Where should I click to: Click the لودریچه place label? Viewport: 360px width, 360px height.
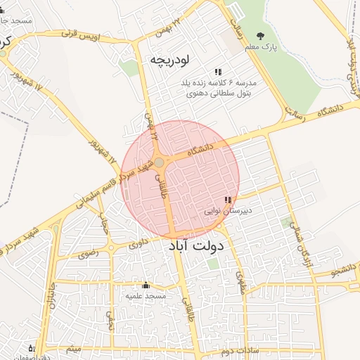(x=170, y=60)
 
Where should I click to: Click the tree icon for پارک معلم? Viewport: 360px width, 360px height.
(x=262, y=36)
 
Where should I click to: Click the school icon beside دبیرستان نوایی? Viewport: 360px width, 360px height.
(x=227, y=200)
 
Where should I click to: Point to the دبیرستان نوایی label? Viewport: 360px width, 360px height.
(x=228, y=210)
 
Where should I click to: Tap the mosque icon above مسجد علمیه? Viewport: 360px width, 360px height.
(x=146, y=285)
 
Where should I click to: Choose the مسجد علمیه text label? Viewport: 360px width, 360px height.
(x=146, y=295)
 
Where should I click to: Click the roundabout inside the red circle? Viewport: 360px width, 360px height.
(x=160, y=162)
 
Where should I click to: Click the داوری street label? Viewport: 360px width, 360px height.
(x=139, y=244)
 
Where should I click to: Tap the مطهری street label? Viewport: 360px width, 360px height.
(x=242, y=282)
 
